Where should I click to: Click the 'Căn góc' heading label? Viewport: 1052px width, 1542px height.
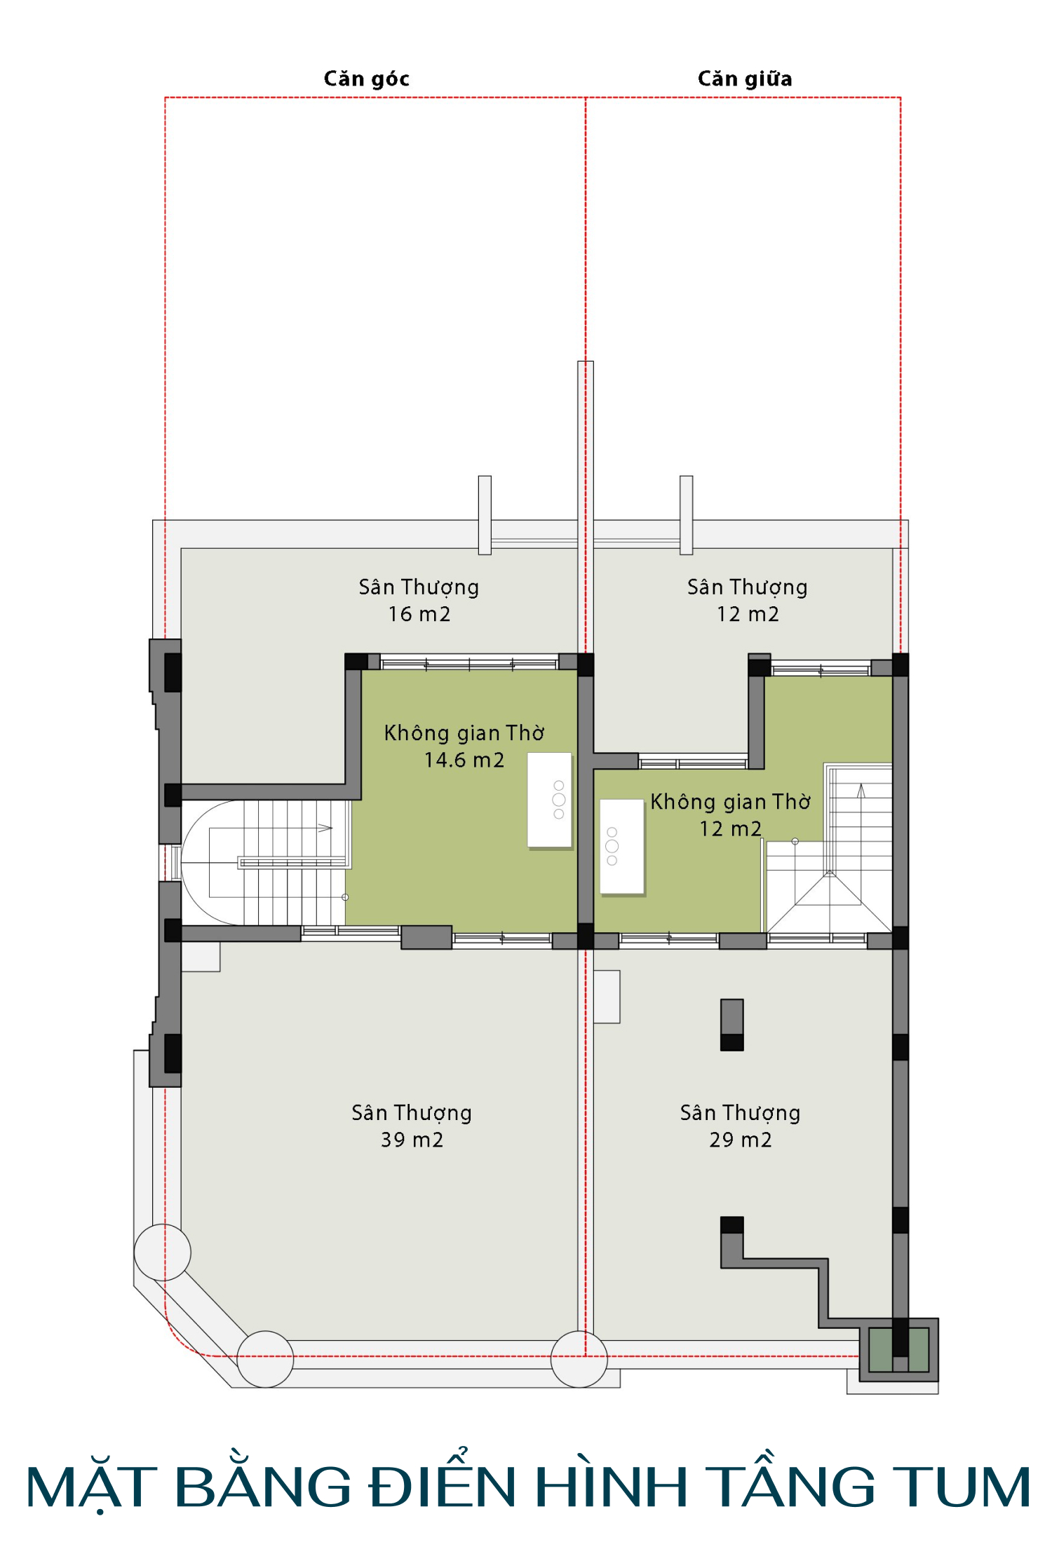click(x=366, y=79)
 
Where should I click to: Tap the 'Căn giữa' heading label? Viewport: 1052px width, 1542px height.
click(x=745, y=79)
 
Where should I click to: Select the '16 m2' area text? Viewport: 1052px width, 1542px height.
click(x=419, y=614)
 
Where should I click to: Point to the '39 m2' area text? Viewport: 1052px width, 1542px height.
click(x=412, y=1140)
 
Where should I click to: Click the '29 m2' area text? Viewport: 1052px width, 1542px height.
click(x=741, y=1140)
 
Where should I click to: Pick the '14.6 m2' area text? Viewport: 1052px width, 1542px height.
click(x=464, y=760)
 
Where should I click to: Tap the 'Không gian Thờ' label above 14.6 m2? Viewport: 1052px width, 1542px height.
click(x=464, y=732)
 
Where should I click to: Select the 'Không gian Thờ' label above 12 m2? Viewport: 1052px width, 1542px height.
click(x=730, y=801)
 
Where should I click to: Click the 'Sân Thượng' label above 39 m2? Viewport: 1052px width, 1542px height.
click(x=412, y=1113)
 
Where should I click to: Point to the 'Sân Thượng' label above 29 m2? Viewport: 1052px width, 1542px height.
click(x=741, y=1113)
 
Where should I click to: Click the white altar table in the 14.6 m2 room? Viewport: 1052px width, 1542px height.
click(x=549, y=800)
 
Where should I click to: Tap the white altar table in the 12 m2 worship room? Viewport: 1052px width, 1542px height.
click(x=622, y=847)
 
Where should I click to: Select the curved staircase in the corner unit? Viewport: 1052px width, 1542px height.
click(x=265, y=863)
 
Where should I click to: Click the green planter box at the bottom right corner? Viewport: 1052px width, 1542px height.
click(x=900, y=1349)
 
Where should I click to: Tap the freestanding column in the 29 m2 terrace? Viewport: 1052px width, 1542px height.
click(x=732, y=1025)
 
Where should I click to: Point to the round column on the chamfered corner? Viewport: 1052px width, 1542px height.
click(x=265, y=1359)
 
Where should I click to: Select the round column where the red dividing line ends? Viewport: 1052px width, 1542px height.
click(x=579, y=1359)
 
